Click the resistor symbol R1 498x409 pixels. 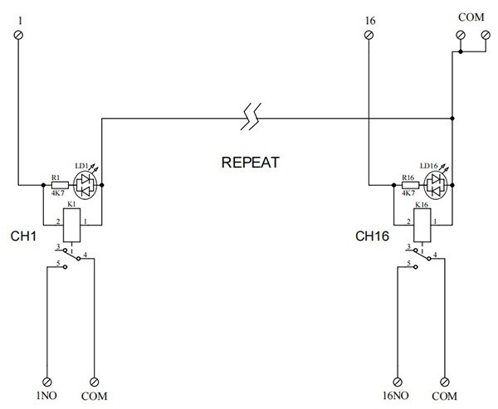(58, 184)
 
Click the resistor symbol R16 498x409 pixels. (408, 184)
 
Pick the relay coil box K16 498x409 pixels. (424, 222)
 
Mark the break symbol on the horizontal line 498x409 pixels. (249, 117)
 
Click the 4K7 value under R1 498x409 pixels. (57, 193)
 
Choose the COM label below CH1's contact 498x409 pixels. (95, 396)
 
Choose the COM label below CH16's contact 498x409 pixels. (447, 396)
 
